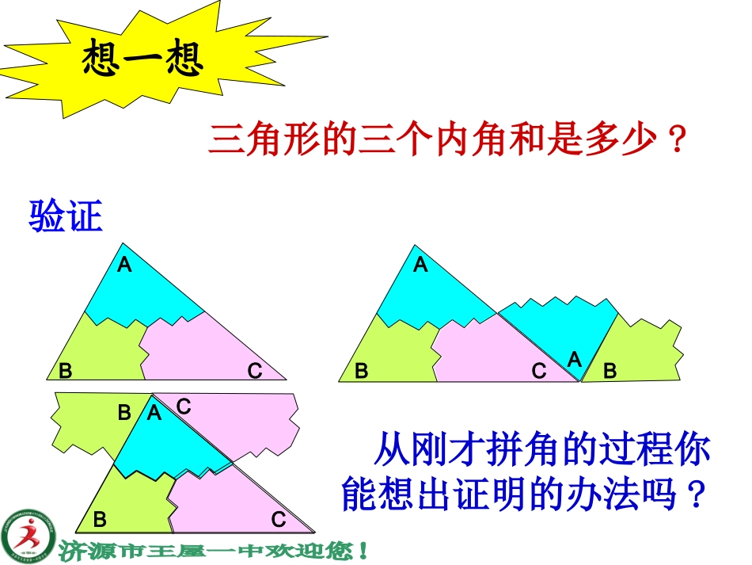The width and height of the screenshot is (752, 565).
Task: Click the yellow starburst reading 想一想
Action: click(142, 60)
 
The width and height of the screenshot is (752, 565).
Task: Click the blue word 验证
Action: click(66, 216)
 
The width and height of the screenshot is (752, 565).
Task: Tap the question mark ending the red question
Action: click(674, 142)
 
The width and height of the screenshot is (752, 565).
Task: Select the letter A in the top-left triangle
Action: click(124, 265)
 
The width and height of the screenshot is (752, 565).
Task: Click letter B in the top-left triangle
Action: click(66, 370)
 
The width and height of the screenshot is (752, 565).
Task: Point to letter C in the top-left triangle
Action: click(255, 370)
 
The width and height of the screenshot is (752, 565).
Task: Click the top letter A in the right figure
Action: click(420, 265)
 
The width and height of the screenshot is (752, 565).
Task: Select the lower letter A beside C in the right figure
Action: click(575, 360)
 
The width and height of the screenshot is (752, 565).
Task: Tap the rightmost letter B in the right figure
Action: click(610, 370)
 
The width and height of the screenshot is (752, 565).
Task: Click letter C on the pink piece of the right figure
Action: click(539, 370)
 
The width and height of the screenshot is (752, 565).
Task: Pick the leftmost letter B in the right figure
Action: click(361, 370)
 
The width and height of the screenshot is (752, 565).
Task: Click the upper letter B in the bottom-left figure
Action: click(124, 413)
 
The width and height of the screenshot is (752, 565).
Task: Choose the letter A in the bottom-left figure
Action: click(154, 413)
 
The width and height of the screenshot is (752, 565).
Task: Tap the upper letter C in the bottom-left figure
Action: click(184, 407)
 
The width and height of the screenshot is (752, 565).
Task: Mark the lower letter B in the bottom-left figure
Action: click(100, 520)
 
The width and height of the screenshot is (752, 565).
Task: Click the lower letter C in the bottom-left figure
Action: click(279, 520)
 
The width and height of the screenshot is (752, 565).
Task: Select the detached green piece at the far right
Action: click(644, 349)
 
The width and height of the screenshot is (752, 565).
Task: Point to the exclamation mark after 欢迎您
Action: click(363, 548)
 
